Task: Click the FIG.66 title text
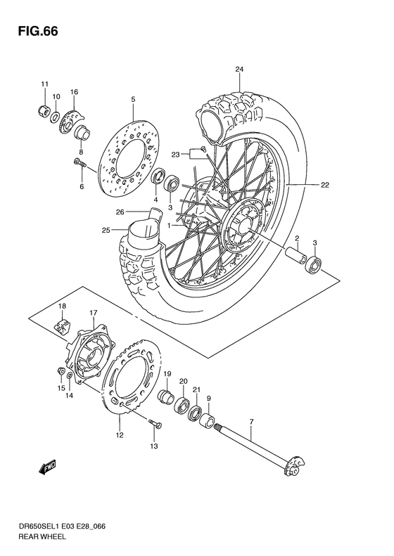point(34,32)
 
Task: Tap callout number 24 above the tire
point(239,70)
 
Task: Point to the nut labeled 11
point(43,110)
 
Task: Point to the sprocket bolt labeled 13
point(155,424)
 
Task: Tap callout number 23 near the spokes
point(176,154)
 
